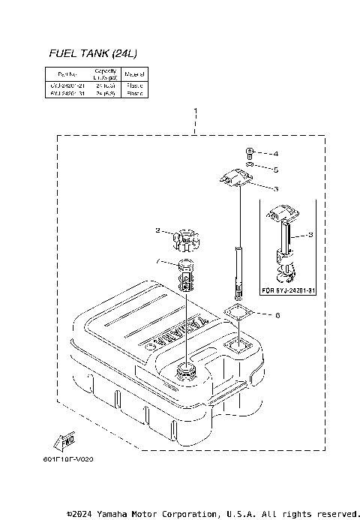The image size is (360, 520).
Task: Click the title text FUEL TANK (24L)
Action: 92,53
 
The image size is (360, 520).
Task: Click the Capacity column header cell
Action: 103,74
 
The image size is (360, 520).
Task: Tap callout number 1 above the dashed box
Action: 196,113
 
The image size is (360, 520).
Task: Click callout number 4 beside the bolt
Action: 276,154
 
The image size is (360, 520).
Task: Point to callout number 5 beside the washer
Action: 276,170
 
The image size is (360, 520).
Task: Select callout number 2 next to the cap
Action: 158,230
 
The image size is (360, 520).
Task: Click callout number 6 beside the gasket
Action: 277,315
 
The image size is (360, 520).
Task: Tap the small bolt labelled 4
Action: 250,152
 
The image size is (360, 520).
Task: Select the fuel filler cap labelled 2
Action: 184,241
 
